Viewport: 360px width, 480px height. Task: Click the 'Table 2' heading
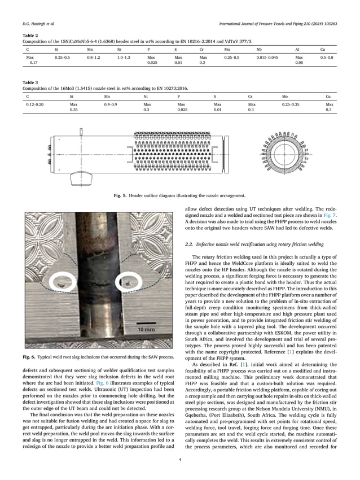click(30, 35)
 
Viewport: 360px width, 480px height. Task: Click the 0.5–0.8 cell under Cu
click(326, 58)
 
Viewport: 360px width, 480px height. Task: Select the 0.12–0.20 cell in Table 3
click(35, 104)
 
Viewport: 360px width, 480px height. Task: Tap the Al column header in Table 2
click(298, 50)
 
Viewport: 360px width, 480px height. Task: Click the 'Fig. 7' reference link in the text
click(330, 216)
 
